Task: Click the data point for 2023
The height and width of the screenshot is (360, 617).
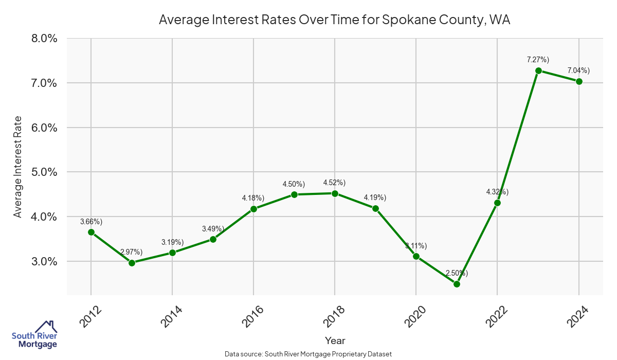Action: point(538,71)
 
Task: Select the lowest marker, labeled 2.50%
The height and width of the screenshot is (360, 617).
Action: point(457,284)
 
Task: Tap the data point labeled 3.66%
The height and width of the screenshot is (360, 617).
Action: point(91,232)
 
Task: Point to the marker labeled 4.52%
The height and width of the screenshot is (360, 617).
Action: point(335,193)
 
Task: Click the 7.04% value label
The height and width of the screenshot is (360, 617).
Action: point(578,70)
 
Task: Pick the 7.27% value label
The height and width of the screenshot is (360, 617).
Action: point(538,60)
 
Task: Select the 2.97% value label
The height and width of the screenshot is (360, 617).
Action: point(132,252)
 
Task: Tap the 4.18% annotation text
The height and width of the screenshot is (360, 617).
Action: point(253,198)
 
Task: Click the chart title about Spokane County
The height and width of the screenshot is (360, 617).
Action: point(334,20)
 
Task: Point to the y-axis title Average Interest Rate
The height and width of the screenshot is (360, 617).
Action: point(18,167)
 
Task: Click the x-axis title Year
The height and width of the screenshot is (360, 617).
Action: point(335,340)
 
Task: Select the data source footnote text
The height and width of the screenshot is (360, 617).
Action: point(308,354)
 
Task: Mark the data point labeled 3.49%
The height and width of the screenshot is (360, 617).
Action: point(213,239)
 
